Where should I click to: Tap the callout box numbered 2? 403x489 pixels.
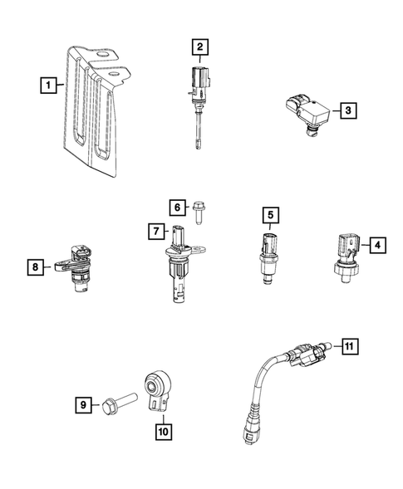click(199, 47)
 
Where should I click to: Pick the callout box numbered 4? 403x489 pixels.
click(376, 244)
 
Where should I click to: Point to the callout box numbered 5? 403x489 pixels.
click(270, 217)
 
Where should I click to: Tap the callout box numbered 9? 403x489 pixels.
click(83, 404)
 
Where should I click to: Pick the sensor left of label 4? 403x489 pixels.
click(345, 250)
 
